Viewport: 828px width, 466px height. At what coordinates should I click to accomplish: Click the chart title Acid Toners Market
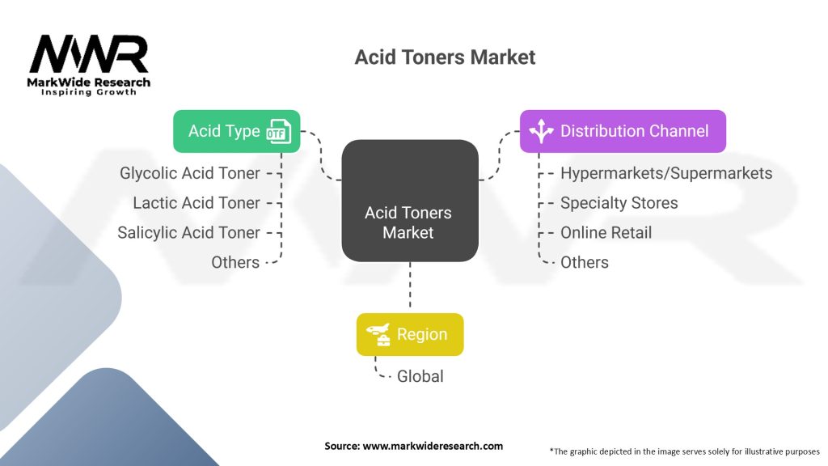pos(445,57)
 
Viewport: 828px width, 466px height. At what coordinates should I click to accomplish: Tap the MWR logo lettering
pos(89,55)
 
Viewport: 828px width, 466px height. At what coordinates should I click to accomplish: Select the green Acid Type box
pos(236,131)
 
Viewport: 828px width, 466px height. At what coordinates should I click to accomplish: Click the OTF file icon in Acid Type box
pos(279,132)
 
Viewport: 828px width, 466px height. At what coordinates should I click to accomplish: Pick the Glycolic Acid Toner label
pos(190,173)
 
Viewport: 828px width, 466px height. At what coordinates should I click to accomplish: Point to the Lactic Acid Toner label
pos(196,203)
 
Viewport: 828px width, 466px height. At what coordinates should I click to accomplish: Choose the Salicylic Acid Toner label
pos(188,233)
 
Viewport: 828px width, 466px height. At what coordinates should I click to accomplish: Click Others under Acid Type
pos(235,262)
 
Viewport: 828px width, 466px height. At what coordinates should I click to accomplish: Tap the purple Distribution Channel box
pos(622,131)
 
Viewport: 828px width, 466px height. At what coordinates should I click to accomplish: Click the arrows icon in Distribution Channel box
pos(540,132)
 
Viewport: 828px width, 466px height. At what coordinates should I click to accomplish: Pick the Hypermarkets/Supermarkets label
pos(666,173)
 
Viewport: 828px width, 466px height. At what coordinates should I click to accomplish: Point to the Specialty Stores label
pos(619,203)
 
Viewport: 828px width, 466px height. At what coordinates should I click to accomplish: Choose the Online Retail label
pos(606,233)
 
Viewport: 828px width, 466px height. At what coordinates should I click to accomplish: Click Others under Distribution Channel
pos(584,262)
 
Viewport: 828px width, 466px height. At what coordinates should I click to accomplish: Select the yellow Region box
pos(410,334)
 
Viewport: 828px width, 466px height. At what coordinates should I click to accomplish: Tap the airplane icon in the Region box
pos(378,335)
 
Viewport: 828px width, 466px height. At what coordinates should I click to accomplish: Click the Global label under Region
pos(420,376)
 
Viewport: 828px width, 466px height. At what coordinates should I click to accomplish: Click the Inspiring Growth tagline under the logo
pos(89,92)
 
